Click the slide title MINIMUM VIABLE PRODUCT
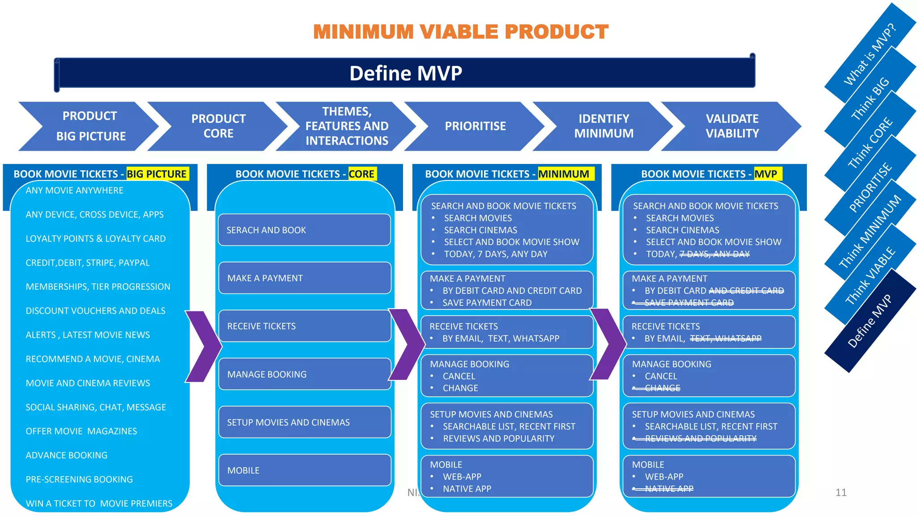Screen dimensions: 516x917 [x=460, y=32]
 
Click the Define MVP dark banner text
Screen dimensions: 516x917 [x=405, y=73]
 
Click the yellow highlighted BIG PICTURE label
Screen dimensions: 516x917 [x=156, y=174]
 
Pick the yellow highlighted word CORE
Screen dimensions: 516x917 [x=361, y=174]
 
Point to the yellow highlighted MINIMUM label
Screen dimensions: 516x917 [x=563, y=174]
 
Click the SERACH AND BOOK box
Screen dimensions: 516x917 [x=304, y=230]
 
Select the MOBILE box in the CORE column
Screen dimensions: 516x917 [x=304, y=470]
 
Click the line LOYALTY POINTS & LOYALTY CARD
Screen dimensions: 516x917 [x=95, y=239]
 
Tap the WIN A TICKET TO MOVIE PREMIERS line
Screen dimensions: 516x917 [x=99, y=503]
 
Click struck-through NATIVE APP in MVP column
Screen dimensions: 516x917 [x=669, y=489]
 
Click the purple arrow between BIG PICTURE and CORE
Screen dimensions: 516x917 [x=203, y=346]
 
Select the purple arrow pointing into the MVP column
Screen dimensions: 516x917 [x=608, y=344]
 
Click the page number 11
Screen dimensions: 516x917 [x=841, y=493]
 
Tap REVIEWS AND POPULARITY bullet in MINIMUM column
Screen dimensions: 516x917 [x=498, y=439]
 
